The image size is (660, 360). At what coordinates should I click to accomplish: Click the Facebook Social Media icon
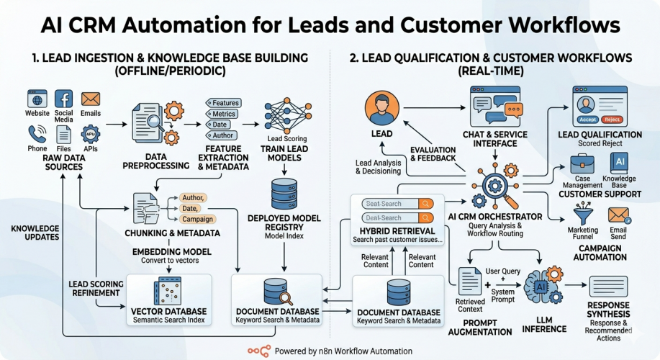pyautogui.click(x=63, y=99)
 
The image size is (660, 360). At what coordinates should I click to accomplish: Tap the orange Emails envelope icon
pyautogui.click(x=91, y=99)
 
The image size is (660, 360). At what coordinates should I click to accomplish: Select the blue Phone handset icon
pyautogui.click(x=37, y=134)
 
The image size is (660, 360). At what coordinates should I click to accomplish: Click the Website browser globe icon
pyautogui.click(x=37, y=99)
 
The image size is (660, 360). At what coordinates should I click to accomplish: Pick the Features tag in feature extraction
pyautogui.click(x=224, y=103)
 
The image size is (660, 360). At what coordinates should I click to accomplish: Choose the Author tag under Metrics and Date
pyautogui.click(x=222, y=135)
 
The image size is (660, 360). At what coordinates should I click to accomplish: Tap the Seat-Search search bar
pyautogui.click(x=393, y=203)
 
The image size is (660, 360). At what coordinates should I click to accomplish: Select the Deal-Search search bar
pyautogui.click(x=393, y=217)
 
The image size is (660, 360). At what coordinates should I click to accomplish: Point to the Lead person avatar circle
pyautogui.click(x=383, y=108)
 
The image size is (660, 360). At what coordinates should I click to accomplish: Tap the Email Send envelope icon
pyautogui.click(x=618, y=214)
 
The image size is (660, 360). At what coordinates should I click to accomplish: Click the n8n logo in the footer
pyautogui.click(x=259, y=351)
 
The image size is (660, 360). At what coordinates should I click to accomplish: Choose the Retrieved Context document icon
pyautogui.click(x=470, y=281)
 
